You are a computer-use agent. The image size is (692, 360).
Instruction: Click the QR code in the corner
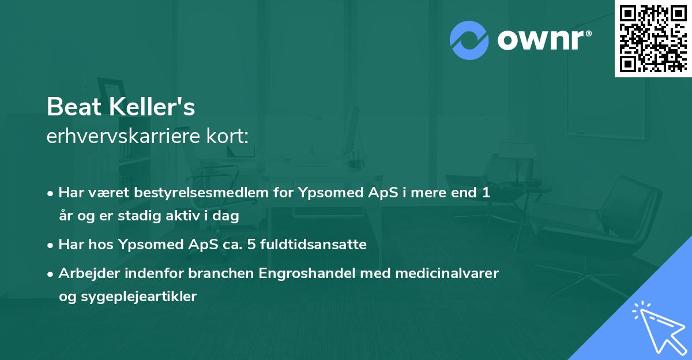(653, 38)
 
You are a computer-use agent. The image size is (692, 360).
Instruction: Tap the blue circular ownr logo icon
(469, 40)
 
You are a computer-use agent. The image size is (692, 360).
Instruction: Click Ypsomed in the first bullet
(328, 193)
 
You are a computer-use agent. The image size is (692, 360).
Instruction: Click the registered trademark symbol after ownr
(588, 34)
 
